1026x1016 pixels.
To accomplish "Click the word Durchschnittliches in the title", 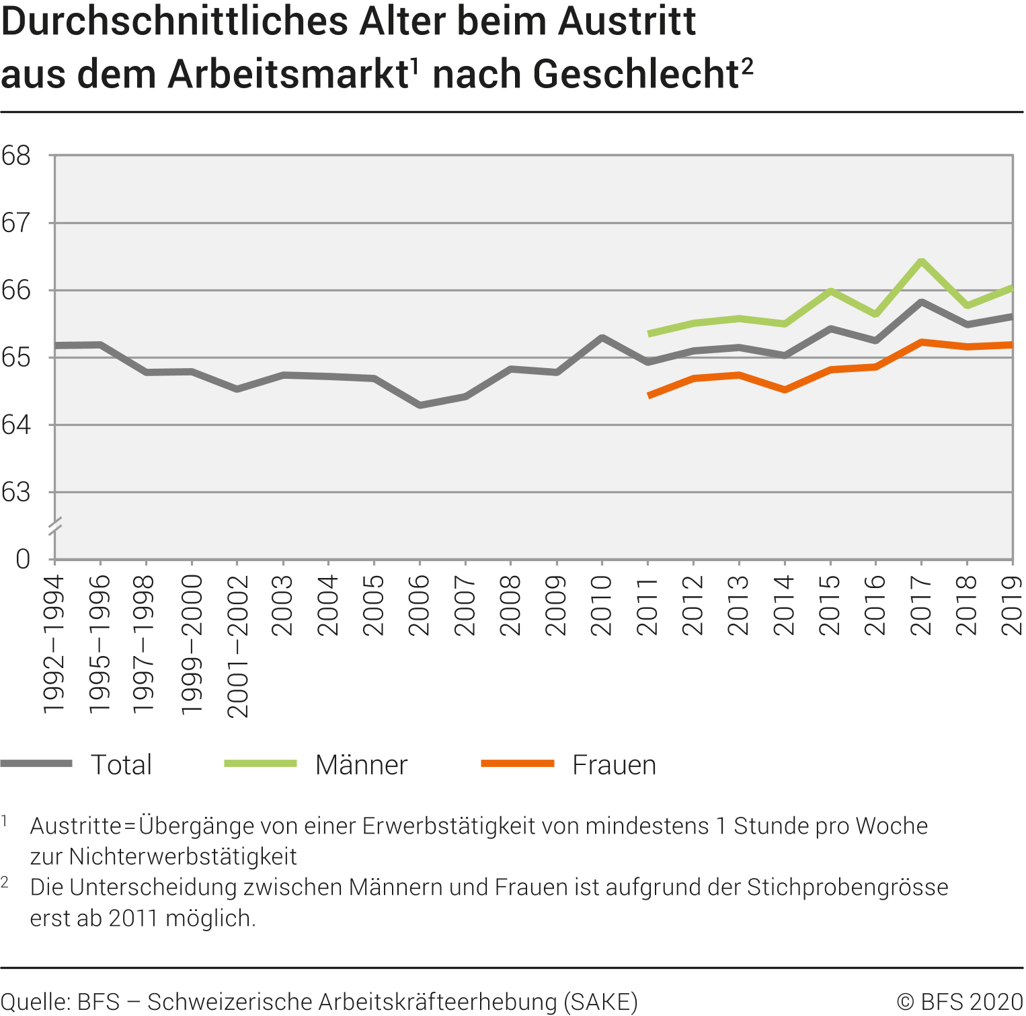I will pos(175,22).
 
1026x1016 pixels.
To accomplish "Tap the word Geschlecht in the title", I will pos(635,74).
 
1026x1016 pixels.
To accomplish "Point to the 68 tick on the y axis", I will pos(16,156).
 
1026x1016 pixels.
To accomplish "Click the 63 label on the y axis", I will pos(16,493).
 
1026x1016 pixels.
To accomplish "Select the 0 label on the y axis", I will pos(23,559).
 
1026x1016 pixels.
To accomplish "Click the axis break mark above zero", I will pos(55,526).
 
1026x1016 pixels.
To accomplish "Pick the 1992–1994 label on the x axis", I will pos(54,645).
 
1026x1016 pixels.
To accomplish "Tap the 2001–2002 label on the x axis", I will pos(237,646).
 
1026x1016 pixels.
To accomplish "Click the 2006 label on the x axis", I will pos(420,606).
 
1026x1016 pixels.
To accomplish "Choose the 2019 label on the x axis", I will pos(1013,606).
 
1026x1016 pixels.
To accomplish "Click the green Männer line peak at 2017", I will pos(921,261).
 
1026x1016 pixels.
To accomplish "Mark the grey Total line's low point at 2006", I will pos(420,405).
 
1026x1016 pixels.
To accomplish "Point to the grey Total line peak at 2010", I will pos(602,337).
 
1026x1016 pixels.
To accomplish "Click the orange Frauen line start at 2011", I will pos(649,396).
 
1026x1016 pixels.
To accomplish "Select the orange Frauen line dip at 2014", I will pos(785,390).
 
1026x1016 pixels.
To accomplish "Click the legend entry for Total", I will pos(121,765).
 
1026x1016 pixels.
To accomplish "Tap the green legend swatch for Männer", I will pos(260,764).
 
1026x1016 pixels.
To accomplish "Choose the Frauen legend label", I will pos(614,765).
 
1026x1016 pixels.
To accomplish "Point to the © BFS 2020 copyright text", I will pos(960,1002).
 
